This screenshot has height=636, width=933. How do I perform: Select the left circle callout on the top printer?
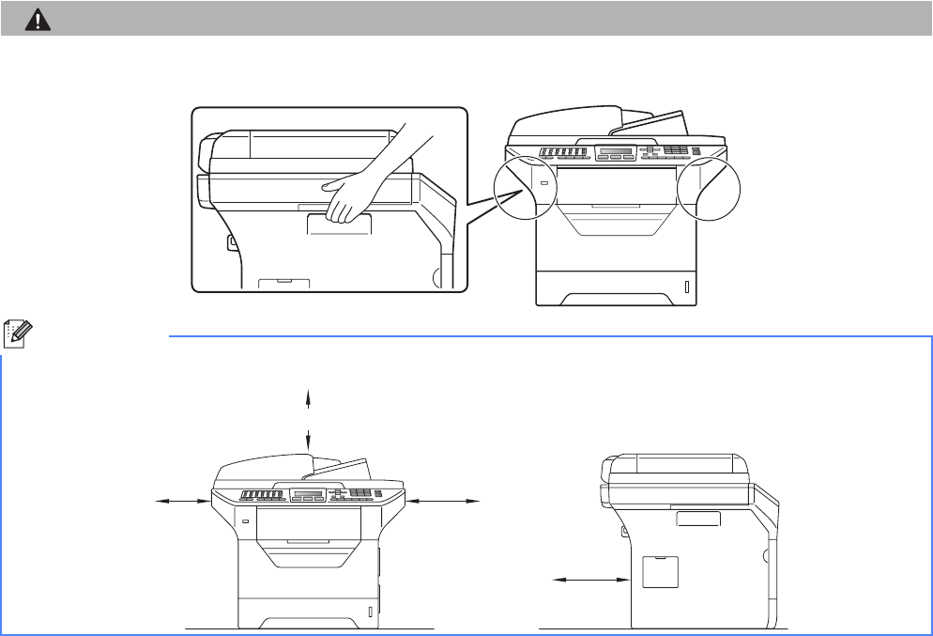coord(522,187)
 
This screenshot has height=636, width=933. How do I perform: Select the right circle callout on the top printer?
coord(708,186)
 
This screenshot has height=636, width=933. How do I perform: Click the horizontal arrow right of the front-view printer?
coord(444,503)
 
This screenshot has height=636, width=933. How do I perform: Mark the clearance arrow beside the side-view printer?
coord(589,581)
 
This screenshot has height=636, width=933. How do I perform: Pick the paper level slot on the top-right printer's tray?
coord(686,287)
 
